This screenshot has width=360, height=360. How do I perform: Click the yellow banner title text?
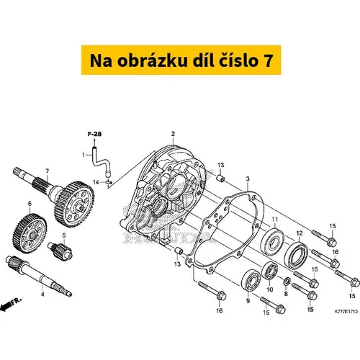[181, 60]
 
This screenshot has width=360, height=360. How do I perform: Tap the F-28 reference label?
[94, 134]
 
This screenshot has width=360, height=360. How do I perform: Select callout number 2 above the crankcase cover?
[173, 134]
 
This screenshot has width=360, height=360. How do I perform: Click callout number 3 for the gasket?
[248, 179]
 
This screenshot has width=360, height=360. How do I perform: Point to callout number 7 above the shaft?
[48, 171]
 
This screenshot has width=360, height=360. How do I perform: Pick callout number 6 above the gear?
[30, 204]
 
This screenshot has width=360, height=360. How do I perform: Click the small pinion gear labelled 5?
[60, 251]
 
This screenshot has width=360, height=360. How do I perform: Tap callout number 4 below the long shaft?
[42, 294]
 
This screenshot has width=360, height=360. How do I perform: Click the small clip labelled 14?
[109, 181]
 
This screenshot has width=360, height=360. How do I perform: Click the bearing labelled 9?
[251, 280]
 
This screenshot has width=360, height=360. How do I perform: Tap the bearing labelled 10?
[270, 271]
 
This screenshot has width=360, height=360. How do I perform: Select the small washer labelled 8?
[287, 282]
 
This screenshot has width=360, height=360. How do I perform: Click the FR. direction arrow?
[11, 304]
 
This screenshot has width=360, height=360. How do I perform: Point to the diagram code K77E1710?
[346, 312]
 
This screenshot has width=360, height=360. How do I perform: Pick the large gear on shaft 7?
[74, 204]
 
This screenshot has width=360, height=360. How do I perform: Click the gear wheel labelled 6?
[30, 233]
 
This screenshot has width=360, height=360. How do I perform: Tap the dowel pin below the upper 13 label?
[221, 179]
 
